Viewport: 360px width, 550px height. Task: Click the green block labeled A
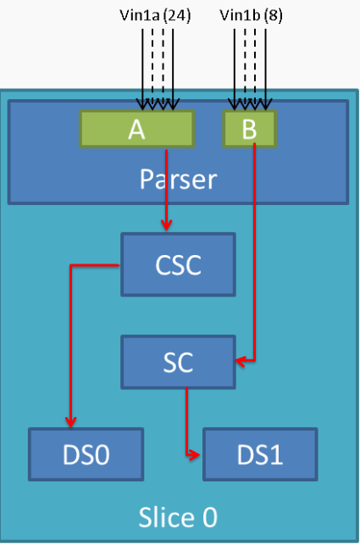tap(136, 128)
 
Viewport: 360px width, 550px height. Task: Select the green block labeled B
tap(249, 128)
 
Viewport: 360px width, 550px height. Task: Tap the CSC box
tap(178, 265)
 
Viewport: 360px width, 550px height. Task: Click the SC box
tap(178, 362)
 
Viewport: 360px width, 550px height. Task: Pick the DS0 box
tap(86, 454)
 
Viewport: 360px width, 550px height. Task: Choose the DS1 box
tap(260, 454)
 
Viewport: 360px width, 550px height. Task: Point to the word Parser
tap(178, 179)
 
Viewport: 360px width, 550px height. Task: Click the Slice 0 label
tap(178, 517)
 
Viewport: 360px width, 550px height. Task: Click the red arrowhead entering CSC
tap(167, 225)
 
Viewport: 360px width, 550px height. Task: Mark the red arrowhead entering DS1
tap(197, 455)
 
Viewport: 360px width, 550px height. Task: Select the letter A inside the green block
tap(136, 128)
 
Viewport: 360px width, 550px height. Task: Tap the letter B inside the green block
tap(249, 128)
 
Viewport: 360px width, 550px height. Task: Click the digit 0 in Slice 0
tap(208, 517)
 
